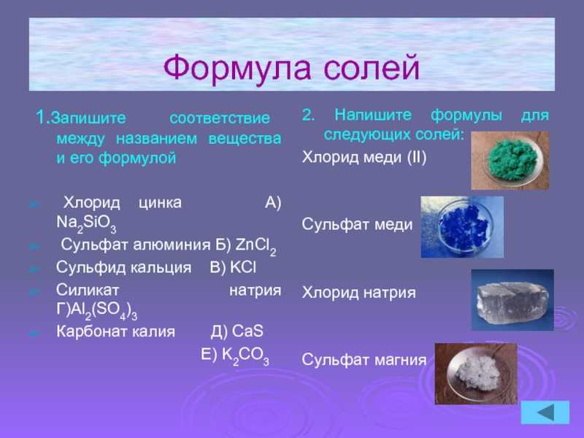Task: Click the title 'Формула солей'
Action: pyautogui.click(x=291, y=68)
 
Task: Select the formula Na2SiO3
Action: pyautogui.click(x=86, y=224)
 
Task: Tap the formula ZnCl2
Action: pyautogui.click(x=256, y=247)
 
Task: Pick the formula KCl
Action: pyautogui.click(x=243, y=267)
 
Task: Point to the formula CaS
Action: pyautogui.click(x=247, y=331)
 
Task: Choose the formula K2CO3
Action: pyautogui.click(x=245, y=356)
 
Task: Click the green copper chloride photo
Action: pyautogui.click(x=510, y=161)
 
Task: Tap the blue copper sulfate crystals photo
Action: pyautogui.click(x=462, y=227)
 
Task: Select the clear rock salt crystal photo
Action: pyautogui.click(x=512, y=300)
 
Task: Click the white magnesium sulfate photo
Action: pyautogui.click(x=476, y=374)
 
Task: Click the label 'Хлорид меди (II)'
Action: pyautogui.click(x=364, y=158)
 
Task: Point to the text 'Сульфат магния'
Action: pyautogui.click(x=364, y=360)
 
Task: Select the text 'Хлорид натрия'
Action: pyautogui.click(x=358, y=293)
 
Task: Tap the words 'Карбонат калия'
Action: pyautogui.click(x=115, y=331)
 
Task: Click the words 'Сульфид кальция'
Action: pyautogui.click(x=123, y=268)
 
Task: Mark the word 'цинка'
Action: pyautogui.click(x=160, y=204)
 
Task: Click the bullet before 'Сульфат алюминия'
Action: pyautogui.click(x=34, y=246)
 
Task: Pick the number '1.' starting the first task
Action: pyautogui.click(x=43, y=117)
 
